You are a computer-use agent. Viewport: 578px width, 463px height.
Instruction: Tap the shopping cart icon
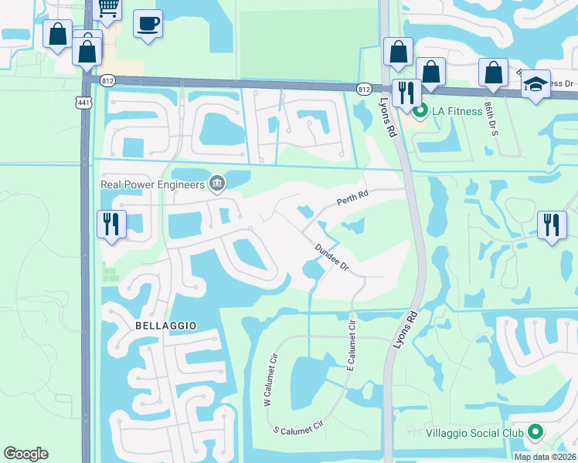[x=109, y=8]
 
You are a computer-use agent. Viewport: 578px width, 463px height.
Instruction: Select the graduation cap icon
[x=535, y=84]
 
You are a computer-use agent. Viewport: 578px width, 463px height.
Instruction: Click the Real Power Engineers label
[x=152, y=184]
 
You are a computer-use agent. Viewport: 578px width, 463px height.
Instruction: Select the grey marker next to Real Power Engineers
[x=217, y=183]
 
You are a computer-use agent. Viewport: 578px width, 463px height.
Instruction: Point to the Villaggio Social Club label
[x=474, y=433]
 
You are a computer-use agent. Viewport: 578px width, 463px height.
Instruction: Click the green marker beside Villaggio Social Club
[x=535, y=433]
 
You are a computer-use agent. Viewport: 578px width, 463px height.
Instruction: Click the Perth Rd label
[x=351, y=201]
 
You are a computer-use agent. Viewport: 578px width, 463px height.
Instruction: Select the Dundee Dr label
[x=332, y=257]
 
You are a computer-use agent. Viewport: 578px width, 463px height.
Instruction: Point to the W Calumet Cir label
[x=270, y=380]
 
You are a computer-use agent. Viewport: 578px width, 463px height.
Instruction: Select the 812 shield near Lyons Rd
[x=364, y=90]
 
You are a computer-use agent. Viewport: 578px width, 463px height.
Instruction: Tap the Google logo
[x=25, y=454]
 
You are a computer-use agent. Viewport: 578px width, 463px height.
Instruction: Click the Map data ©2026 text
[x=546, y=457]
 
